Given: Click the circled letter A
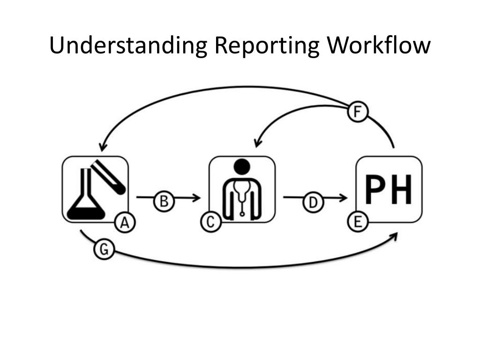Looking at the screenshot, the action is [x=125, y=223].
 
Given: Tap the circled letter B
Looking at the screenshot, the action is [x=164, y=202].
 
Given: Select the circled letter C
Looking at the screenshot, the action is [x=211, y=222].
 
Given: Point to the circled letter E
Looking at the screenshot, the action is [x=358, y=222].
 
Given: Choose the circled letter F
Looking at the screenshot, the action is [x=358, y=112].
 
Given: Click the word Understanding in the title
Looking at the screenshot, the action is [x=128, y=45].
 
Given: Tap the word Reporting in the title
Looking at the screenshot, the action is [x=266, y=45].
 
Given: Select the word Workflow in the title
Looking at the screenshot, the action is [x=379, y=45].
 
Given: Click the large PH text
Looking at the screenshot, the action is [x=389, y=189].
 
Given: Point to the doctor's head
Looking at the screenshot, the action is [x=242, y=166].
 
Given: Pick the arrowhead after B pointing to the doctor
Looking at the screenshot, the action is [x=196, y=198].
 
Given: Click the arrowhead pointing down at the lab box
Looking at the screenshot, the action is [x=103, y=146].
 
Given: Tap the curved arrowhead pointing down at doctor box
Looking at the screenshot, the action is [x=257, y=142].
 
